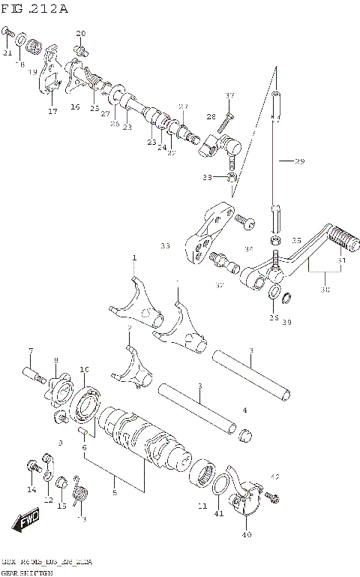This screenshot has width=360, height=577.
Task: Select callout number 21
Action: (7, 53)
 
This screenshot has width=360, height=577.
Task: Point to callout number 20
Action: (81, 34)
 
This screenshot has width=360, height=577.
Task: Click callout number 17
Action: (52, 111)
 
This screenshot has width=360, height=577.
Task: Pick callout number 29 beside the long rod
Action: (299, 161)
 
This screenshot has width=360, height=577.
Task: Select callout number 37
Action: (229, 95)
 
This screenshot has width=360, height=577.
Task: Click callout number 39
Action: (286, 322)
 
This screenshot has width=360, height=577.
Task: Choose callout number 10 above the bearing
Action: (85, 369)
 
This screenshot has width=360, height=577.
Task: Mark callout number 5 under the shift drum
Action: (114, 492)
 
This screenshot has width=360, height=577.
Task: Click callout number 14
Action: (31, 489)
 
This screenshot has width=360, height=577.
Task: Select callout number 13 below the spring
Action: (82, 518)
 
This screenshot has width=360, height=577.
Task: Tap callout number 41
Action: (219, 513)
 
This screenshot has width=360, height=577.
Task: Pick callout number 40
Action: (246, 534)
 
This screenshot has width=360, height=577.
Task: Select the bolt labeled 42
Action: (271, 497)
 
